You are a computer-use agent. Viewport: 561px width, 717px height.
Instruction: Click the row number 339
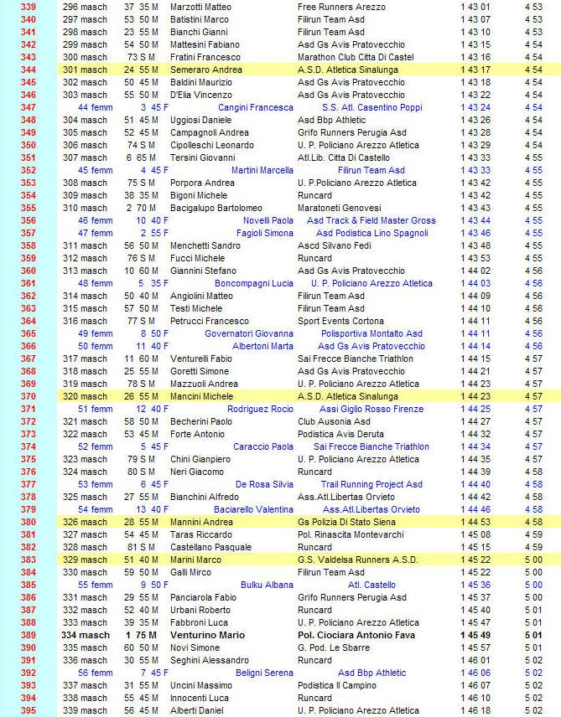29,6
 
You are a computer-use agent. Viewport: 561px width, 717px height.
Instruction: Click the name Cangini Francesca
255,107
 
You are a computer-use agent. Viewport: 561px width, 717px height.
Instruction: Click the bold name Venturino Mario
207,635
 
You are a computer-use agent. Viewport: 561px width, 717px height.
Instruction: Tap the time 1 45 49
475,635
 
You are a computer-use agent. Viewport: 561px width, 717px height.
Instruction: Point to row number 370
29,396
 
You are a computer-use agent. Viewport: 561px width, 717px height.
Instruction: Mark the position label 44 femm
95,107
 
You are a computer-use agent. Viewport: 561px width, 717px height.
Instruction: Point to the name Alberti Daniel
198,710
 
